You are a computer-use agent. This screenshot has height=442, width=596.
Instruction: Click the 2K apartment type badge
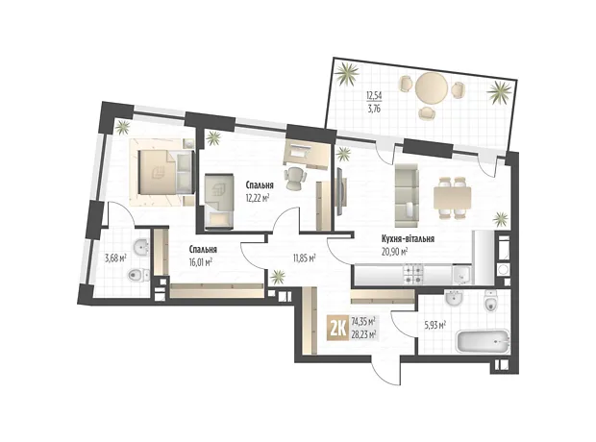(337, 329)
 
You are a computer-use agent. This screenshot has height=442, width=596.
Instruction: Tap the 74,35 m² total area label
(363, 322)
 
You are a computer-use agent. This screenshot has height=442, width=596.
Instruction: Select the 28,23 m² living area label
(363, 333)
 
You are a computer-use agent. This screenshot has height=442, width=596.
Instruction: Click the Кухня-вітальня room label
(408, 239)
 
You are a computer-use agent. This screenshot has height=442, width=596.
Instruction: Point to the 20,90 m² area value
(395, 251)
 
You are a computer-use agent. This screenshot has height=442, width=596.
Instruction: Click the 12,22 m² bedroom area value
(258, 198)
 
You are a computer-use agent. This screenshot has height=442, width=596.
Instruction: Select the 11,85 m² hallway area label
(304, 258)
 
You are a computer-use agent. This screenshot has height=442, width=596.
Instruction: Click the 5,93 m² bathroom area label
(435, 326)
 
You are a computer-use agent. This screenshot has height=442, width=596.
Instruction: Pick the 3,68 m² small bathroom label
(115, 258)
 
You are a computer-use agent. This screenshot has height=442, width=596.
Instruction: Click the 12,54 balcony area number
(373, 94)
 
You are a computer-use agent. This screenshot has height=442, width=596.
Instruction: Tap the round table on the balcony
(432, 87)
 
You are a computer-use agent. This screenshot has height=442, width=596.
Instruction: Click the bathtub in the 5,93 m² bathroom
(482, 342)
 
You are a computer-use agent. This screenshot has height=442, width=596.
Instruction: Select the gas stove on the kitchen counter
(413, 275)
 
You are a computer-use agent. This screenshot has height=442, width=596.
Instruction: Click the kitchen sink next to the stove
(461, 275)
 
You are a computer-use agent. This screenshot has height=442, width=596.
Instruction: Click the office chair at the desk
(295, 178)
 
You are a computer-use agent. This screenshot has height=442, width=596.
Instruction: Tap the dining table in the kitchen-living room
(453, 198)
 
